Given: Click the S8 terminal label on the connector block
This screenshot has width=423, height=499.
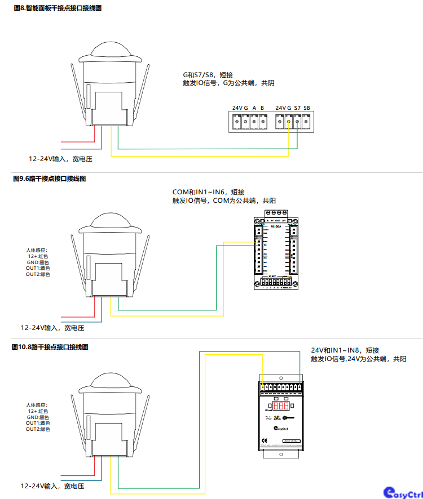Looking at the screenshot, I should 307,108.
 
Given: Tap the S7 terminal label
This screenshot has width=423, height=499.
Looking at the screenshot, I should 297,108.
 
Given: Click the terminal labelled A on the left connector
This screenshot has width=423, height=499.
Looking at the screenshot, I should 254,108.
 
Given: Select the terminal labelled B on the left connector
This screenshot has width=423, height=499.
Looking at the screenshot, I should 262,108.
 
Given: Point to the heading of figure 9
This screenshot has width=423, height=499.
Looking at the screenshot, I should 49,179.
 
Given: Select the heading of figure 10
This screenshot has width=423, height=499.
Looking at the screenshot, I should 50,347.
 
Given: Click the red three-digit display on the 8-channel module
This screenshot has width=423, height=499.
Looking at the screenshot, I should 281,406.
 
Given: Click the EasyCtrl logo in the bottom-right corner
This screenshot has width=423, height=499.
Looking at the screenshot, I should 402,492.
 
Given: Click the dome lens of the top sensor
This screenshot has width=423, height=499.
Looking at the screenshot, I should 112,49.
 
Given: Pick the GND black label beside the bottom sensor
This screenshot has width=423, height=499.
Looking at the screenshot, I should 38,417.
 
